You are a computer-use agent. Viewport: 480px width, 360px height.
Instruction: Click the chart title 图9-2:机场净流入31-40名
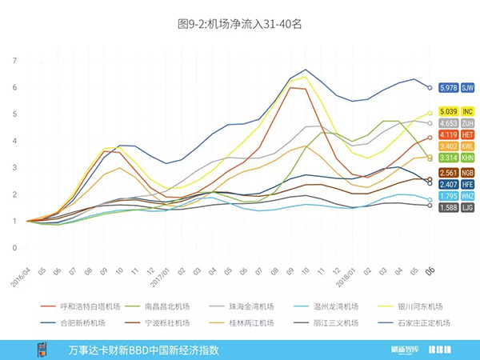pyautogui.click(x=239, y=24)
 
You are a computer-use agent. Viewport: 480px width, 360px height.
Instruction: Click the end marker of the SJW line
pyautogui.click(x=430, y=87)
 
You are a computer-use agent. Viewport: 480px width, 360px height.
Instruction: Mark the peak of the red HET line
pyautogui.click(x=291, y=87)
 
